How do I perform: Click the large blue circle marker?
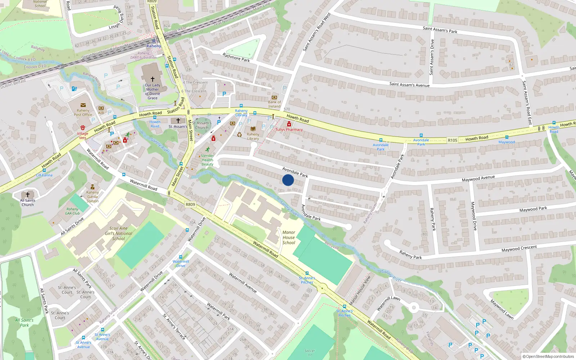(288, 180)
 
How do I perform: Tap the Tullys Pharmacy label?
(289, 130)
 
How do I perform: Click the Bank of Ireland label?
(274, 104)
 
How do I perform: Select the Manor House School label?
(289, 238)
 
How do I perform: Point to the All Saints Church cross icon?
(27, 194)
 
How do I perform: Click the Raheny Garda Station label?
(93, 197)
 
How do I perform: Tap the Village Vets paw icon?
(83, 127)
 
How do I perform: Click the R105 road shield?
(453, 140)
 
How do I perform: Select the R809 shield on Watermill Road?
(190, 204)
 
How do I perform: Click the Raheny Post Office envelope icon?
(83, 105)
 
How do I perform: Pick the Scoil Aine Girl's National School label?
(118, 233)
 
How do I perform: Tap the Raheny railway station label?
(154, 46)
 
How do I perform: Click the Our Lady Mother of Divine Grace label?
(152, 92)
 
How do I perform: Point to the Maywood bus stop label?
(507, 142)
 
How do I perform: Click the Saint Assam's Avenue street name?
(409, 85)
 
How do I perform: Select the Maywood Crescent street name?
(519, 249)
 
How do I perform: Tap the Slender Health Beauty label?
(207, 160)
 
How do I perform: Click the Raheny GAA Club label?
(72, 211)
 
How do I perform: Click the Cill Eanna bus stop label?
(44, 175)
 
